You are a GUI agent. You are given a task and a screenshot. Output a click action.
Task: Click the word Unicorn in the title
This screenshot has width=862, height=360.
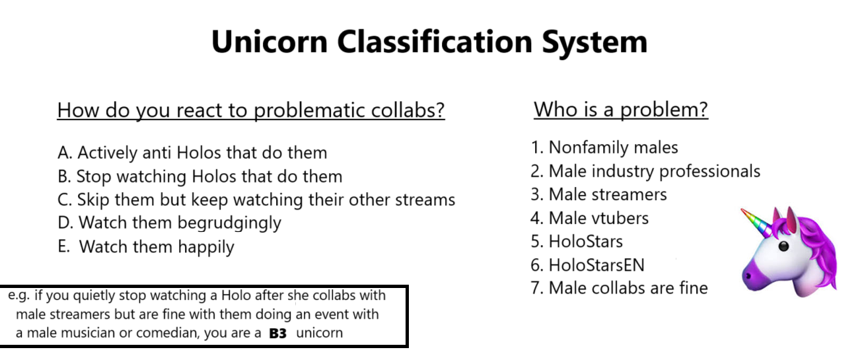pyautogui.click(x=269, y=42)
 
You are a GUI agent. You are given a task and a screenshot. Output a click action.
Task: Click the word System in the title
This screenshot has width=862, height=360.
pyautogui.click(x=594, y=43)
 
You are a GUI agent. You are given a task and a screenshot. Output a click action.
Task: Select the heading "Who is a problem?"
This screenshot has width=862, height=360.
pyautogui.click(x=621, y=110)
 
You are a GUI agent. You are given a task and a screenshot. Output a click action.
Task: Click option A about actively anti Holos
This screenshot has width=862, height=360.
pyautogui.click(x=192, y=153)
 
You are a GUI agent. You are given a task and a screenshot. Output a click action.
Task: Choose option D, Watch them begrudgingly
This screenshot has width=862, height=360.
pyautogui.click(x=169, y=223)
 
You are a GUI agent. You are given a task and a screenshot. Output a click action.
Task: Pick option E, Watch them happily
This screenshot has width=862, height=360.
pyautogui.click(x=146, y=247)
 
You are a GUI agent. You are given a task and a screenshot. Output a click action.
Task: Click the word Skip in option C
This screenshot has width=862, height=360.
pyautogui.click(x=92, y=200)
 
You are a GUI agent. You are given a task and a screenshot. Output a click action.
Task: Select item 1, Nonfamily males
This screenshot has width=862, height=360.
pyautogui.click(x=604, y=147)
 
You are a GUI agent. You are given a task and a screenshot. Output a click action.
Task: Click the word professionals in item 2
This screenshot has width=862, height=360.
pyautogui.click(x=710, y=172)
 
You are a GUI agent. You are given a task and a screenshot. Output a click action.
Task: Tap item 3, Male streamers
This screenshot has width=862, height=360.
pyautogui.click(x=599, y=194)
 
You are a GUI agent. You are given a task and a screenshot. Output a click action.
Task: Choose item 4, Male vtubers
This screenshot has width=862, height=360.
pyautogui.click(x=590, y=218)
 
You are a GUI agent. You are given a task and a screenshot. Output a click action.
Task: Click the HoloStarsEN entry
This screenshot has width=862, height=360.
pyautogui.click(x=588, y=266)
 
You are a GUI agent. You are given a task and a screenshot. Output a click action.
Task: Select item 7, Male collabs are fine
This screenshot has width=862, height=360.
pyautogui.click(x=619, y=288)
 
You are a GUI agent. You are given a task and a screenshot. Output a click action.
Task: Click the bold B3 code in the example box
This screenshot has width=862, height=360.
pyautogui.click(x=278, y=334)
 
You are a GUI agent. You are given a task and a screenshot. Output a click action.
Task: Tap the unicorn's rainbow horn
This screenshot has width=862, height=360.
pyautogui.click(x=756, y=222)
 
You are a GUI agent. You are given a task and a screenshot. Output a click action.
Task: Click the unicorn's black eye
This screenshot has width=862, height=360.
pyautogui.click(x=783, y=246)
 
